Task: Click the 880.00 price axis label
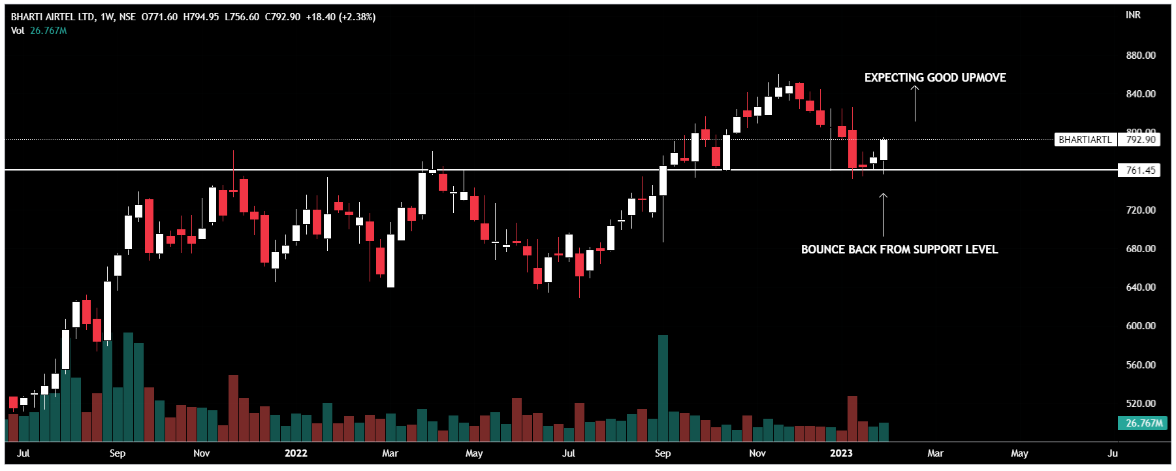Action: tap(1140, 56)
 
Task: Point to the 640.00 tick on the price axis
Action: tap(1140, 287)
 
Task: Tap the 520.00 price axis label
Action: tap(1140, 404)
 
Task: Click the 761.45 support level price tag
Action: tap(1140, 171)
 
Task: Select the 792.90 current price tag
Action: tap(1140, 140)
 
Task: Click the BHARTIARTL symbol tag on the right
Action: tap(1085, 140)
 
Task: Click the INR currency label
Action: tap(1133, 15)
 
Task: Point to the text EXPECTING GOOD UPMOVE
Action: tap(935, 78)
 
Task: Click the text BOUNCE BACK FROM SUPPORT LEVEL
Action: tap(899, 250)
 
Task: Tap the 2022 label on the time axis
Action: tap(296, 453)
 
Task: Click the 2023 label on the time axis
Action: tap(841, 453)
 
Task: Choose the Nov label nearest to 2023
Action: tap(757, 453)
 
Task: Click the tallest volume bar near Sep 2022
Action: tap(663, 388)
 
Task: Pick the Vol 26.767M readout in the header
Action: tap(39, 31)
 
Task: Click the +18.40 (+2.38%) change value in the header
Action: tap(341, 17)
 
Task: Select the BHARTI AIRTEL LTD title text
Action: tap(52, 17)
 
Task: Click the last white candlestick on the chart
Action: tap(883, 150)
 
